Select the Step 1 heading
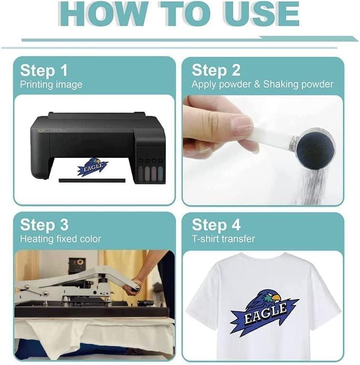tap(44, 71)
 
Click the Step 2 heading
tap(216, 71)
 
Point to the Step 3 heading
tap(44, 225)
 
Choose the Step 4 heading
tap(216, 225)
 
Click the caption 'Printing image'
tap(51, 85)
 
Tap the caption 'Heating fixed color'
tap(61, 239)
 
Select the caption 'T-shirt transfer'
tap(223, 239)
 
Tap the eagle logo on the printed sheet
tap(92, 167)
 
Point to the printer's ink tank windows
tap(150, 173)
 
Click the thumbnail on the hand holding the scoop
tap(242, 122)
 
